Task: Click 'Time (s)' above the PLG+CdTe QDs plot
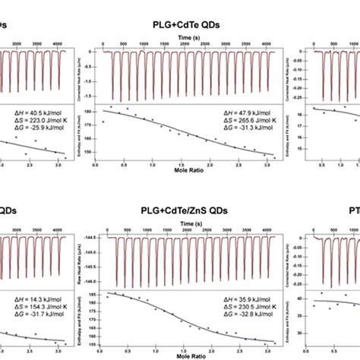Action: [x=188, y=36]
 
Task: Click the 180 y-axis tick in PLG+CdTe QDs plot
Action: [x=96, y=112]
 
